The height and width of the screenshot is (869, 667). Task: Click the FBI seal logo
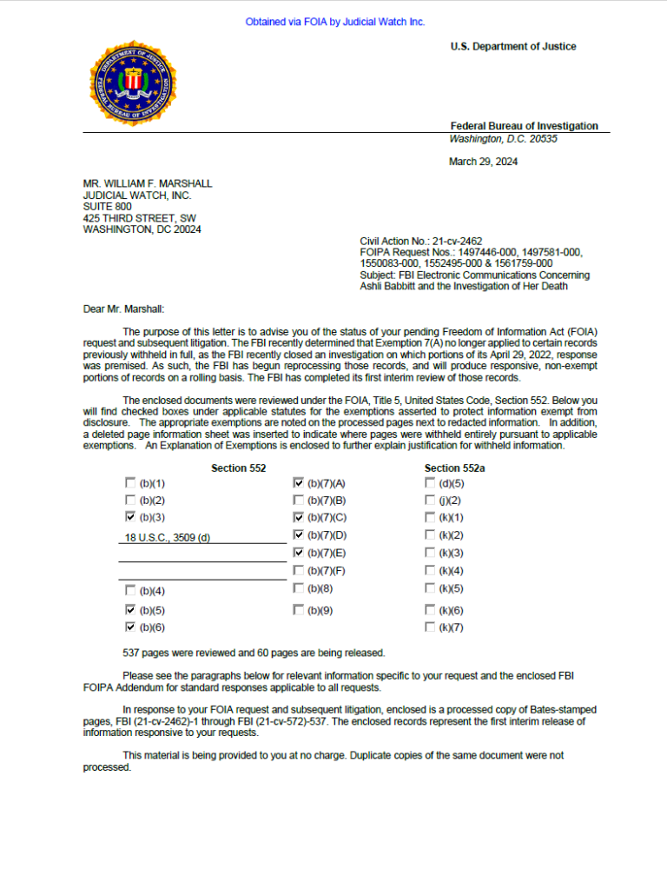133,83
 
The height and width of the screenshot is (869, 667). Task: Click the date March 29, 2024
483,161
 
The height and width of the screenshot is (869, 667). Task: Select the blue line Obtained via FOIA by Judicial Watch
335,22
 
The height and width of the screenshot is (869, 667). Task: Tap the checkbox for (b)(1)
130,483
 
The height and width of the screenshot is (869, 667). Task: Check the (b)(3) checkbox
130,517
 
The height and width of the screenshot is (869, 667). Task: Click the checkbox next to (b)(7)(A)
299,483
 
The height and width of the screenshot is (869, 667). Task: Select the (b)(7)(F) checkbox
299,570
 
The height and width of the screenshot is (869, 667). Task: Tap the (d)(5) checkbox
430,483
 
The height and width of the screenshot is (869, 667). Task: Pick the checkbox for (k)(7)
430,627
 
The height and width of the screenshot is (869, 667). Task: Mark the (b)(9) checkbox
299,610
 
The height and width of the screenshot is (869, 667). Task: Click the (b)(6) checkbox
130,627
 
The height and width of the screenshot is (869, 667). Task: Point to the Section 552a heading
454,468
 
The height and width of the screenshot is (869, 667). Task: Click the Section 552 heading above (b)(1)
239,468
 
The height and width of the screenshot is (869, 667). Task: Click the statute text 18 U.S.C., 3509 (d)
168,537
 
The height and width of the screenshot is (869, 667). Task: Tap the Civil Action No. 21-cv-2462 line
421,241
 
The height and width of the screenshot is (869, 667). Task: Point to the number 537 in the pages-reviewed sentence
132,653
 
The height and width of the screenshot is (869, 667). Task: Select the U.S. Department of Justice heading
512,47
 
